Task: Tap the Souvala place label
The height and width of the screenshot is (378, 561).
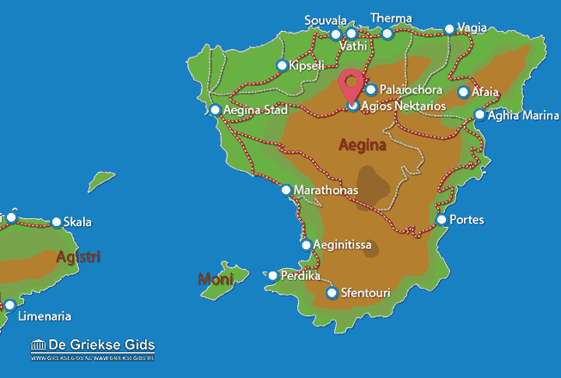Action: (326, 20)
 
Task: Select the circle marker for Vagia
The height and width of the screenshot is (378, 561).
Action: (449, 28)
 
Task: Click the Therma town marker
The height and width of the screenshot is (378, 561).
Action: (387, 34)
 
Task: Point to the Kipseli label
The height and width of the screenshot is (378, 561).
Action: (308, 65)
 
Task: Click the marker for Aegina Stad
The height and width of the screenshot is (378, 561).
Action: (216, 110)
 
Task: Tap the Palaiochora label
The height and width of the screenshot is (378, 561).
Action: (411, 89)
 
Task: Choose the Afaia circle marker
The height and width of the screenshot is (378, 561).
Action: (463, 92)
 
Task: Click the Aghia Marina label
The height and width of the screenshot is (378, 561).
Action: (522, 114)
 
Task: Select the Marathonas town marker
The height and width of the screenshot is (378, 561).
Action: (286, 190)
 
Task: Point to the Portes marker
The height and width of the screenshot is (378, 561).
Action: (442, 220)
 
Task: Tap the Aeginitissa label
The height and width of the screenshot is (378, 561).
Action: (342, 245)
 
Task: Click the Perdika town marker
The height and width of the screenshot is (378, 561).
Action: (273, 276)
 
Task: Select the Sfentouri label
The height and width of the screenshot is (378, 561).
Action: (366, 294)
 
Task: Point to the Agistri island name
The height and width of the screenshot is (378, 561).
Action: (77, 256)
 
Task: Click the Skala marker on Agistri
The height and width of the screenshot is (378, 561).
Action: (57, 223)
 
